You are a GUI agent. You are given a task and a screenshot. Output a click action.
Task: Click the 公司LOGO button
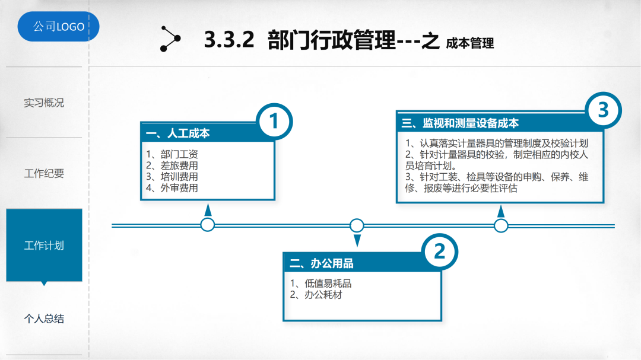58,27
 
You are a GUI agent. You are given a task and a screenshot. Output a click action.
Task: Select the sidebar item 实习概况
44,103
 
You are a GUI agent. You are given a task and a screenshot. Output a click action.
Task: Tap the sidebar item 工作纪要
44,174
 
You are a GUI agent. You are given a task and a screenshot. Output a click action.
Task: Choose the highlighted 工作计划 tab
44,245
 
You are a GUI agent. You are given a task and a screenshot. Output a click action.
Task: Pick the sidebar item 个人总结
44,319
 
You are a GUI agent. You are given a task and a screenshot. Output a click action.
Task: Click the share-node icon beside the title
170,39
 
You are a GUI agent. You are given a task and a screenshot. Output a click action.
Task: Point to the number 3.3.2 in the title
229,41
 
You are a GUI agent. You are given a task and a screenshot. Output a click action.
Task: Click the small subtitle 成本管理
469,43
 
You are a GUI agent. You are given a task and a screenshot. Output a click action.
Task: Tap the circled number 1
274,122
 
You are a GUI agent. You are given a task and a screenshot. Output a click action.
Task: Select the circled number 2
439,252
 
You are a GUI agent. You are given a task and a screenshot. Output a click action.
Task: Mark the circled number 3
603,111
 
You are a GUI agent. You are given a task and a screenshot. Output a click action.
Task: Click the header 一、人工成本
178,134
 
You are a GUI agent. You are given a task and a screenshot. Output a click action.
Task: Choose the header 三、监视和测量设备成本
461,123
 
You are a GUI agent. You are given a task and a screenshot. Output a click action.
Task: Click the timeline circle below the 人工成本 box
208,225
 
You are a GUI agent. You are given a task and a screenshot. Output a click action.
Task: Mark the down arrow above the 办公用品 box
357,240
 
